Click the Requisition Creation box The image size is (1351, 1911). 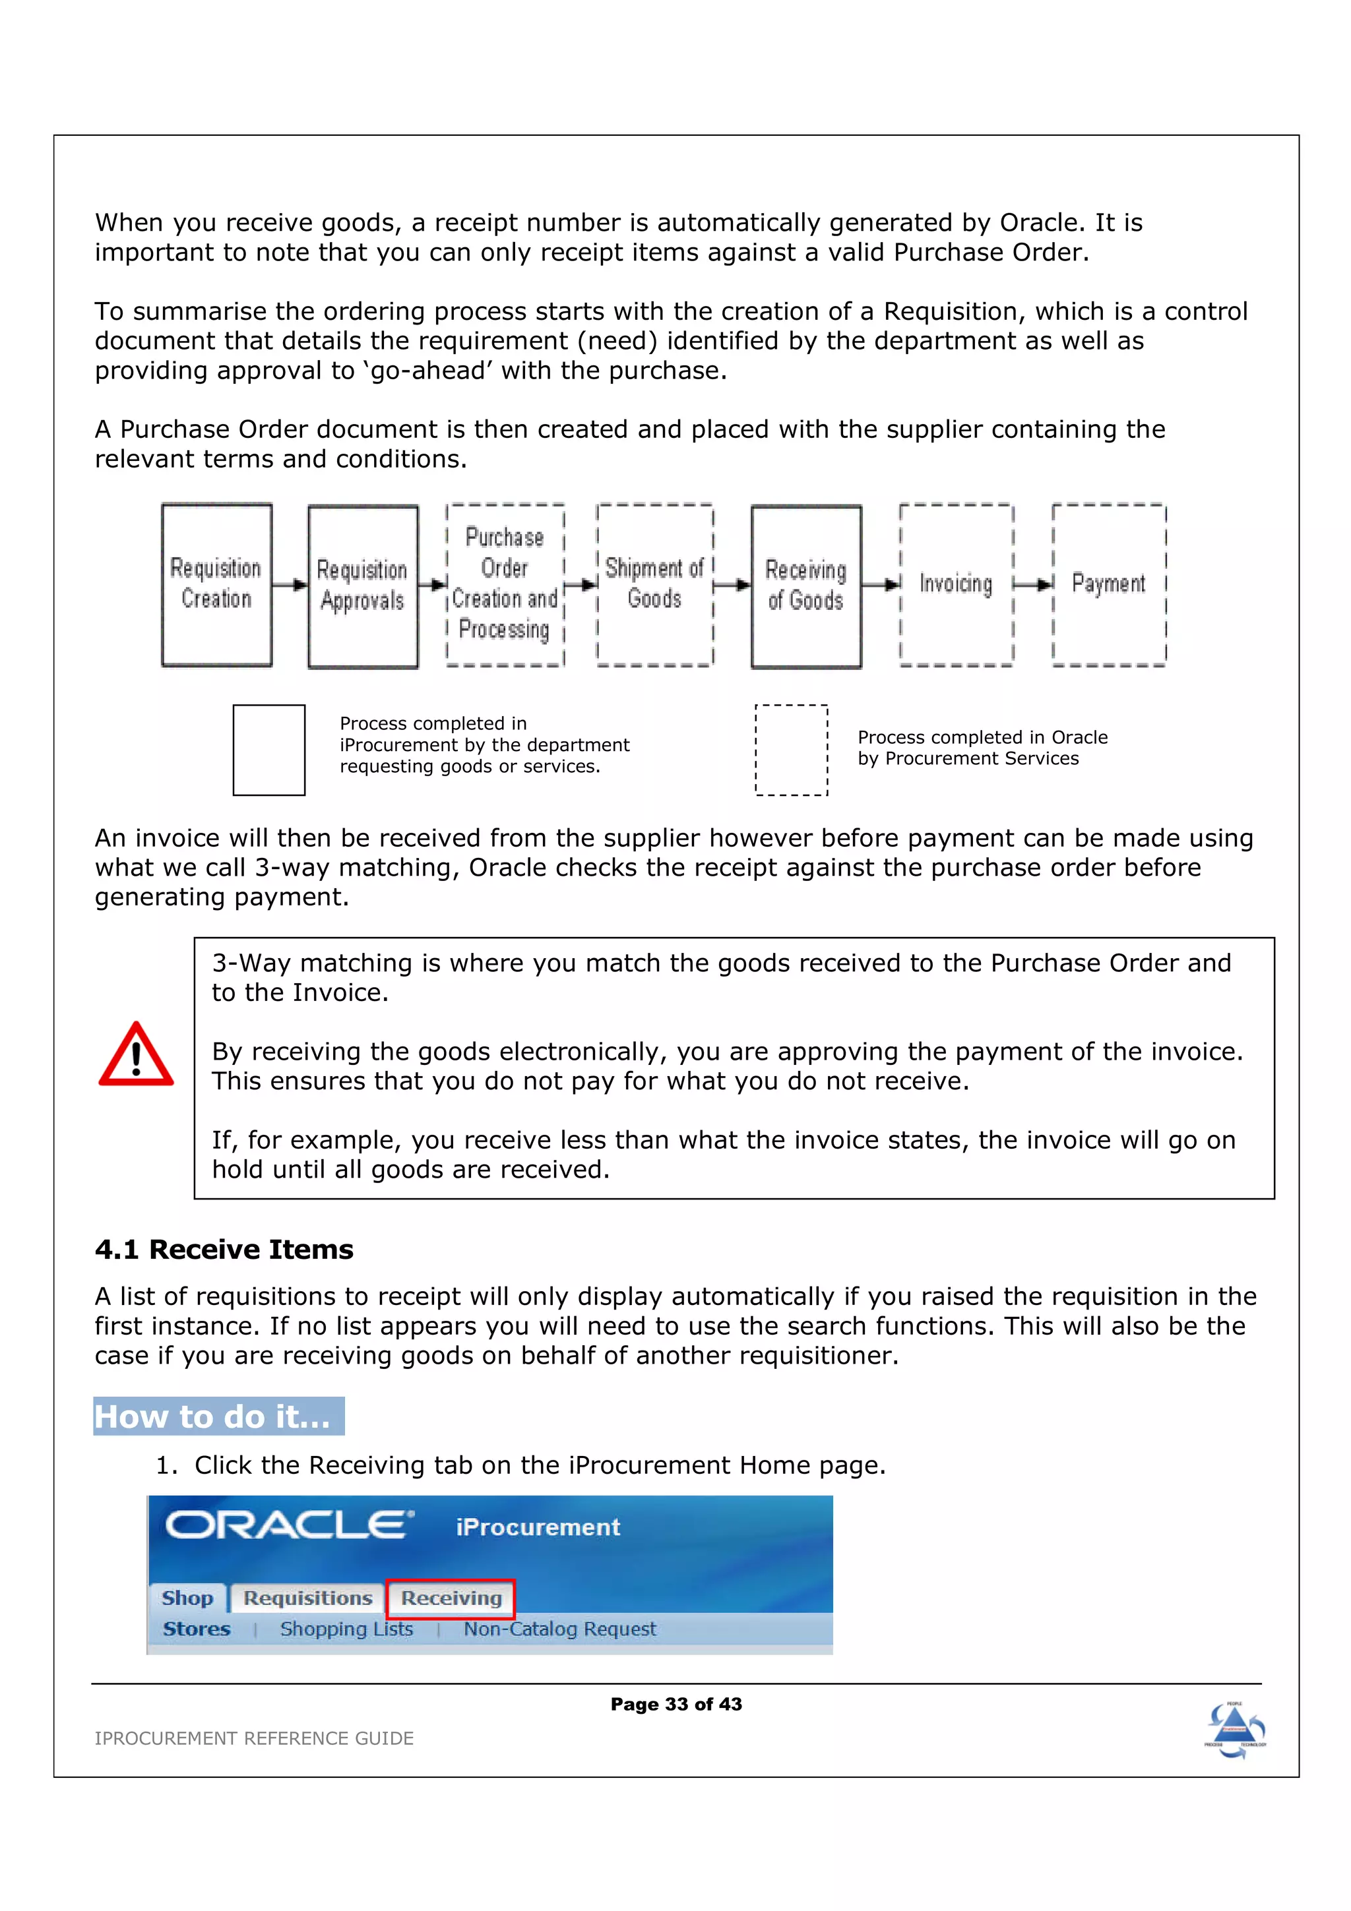click(x=216, y=584)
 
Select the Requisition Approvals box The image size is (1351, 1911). click(x=363, y=586)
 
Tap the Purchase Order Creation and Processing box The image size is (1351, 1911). click(x=505, y=584)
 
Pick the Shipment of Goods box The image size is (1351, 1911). click(x=654, y=584)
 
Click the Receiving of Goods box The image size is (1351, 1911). click(x=805, y=586)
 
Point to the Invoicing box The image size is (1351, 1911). click(x=956, y=584)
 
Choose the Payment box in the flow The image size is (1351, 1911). click(x=1108, y=584)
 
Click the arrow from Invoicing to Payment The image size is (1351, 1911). click(x=1033, y=584)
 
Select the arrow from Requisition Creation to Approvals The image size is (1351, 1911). click(x=290, y=585)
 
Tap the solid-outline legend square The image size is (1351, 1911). click(x=269, y=750)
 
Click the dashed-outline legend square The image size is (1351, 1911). click(x=791, y=750)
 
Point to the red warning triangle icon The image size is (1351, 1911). click(x=136, y=1055)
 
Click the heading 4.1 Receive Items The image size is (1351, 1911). click(x=224, y=1250)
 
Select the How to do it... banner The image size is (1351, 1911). click(x=218, y=1416)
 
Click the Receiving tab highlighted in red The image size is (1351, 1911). click(x=451, y=1598)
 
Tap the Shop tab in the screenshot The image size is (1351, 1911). click(x=187, y=1598)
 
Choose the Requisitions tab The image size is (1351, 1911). click(x=307, y=1598)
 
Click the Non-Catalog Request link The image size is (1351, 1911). click(x=559, y=1629)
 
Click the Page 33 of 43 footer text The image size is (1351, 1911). click(x=676, y=1704)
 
